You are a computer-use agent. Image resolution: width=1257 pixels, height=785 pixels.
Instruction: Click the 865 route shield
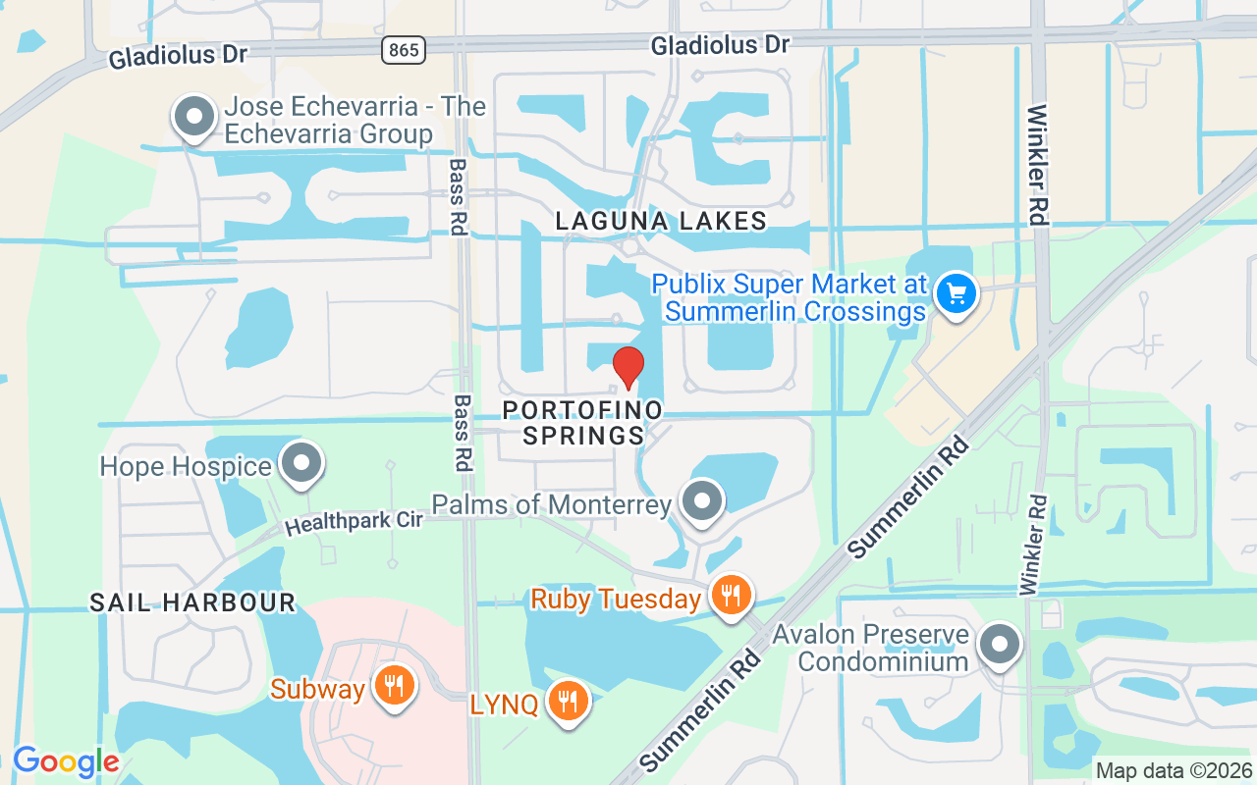click(405, 49)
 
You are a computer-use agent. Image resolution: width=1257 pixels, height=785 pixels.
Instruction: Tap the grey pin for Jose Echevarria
click(194, 117)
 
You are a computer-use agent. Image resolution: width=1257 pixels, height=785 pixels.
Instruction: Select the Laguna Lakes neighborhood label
click(661, 221)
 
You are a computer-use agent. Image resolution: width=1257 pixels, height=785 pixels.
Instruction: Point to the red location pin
click(628, 368)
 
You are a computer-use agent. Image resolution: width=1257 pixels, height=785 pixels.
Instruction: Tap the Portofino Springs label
click(583, 422)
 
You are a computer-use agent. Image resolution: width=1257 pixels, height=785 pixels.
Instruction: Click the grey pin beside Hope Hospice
click(301, 463)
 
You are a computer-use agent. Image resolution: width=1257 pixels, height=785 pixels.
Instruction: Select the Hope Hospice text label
click(186, 466)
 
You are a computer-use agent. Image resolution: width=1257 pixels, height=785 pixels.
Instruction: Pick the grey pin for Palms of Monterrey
click(702, 501)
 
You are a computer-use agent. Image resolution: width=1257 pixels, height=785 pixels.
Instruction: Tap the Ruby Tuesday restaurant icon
click(731, 595)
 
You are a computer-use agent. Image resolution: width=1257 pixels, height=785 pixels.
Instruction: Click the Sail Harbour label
click(192, 602)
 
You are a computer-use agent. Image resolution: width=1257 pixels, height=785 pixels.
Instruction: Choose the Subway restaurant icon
click(394, 687)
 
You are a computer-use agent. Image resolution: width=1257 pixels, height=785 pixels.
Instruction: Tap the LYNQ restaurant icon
click(567, 701)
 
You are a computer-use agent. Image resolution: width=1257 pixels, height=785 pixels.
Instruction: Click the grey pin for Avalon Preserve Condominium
click(1001, 646)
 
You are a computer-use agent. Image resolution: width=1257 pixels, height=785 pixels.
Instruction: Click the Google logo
click(66, 761)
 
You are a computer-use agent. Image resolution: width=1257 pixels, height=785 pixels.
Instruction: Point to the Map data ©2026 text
click(1175, 770)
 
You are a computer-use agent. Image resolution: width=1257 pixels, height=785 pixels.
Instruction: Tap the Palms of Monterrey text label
click(552, 505)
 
